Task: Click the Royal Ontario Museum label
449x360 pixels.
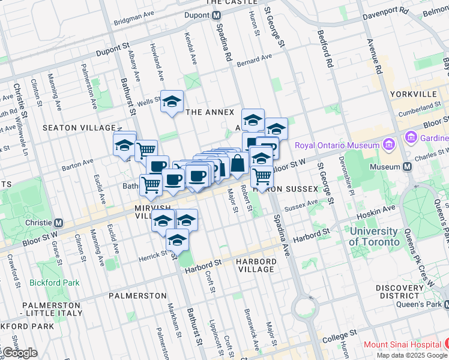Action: [336, 145]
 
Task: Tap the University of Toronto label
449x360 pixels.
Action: [374, 236]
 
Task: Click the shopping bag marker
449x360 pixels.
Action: [238, 164]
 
